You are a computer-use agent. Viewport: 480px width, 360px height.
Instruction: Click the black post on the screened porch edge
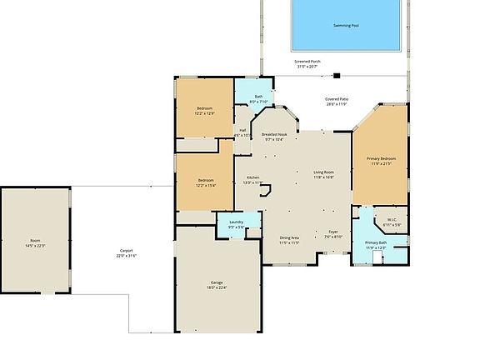337,76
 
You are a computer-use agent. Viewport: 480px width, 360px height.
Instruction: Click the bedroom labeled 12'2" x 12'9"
205,111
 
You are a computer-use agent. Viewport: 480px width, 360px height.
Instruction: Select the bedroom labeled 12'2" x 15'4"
205,182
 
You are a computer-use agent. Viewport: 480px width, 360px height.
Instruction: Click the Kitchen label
252,177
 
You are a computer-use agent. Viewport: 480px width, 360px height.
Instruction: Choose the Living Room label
323,174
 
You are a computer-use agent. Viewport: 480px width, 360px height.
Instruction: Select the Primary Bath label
376,243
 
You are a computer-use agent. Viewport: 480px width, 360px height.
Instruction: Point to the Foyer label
332,233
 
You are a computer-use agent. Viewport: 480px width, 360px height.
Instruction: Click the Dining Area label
289,239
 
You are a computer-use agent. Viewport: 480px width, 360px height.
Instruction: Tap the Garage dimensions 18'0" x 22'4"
217,287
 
